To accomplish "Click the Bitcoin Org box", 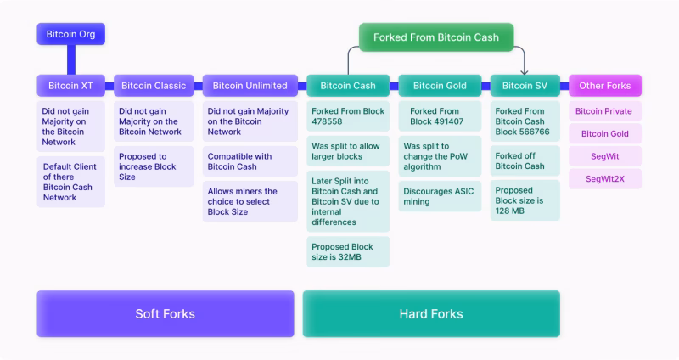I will [x=70, y=35].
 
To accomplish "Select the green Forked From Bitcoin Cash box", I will [x=436, y=37].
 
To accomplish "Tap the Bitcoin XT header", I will [x=70, y=86].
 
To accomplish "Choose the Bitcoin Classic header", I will [x=154, y=86].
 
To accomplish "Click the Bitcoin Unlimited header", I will [x=250, y=86].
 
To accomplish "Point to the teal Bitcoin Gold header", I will [x=440, y=86].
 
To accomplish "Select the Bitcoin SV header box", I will [x=525, y=86].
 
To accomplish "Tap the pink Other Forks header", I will [x=604, y=86].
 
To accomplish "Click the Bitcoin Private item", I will [x=604, y=111].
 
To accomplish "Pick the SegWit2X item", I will [x=604, y=178].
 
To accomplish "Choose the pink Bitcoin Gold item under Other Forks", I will [x=604, y=133].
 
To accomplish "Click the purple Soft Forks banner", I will [x=166, y=314].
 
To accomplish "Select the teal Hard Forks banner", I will [x=431, y=314].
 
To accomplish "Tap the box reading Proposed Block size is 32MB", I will [x=348, y=252].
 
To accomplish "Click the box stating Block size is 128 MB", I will [x=525, y=201].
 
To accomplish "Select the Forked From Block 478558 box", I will [x=348, y=116].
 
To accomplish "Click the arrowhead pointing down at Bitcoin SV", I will [x=525, y=71].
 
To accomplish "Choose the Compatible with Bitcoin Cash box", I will [x=250, y=161].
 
